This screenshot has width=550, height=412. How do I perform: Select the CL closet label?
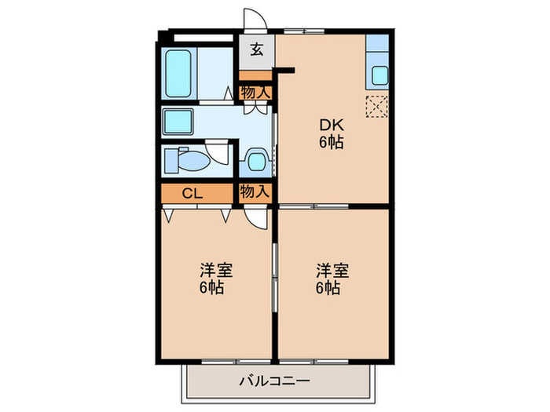coord(191,193)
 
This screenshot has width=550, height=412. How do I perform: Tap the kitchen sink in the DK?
coord(379,77)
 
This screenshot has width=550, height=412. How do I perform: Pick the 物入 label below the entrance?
coord(255,93)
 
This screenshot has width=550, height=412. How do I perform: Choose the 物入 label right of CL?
coord(255,191)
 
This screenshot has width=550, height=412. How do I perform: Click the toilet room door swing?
coord(219,151)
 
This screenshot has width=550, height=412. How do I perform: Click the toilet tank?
coord(170,162)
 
